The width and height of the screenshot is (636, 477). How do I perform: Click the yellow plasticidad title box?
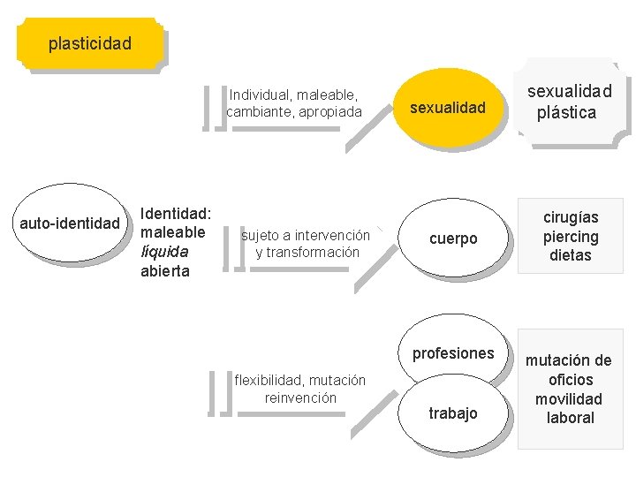tap(90, 43)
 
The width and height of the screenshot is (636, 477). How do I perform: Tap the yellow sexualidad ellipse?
tap(448, 108)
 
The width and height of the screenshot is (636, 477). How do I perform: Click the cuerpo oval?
tap(452, 238)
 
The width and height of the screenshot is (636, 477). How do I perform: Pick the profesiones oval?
tap(453, 352)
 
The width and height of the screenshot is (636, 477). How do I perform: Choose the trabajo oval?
tap(452, 413)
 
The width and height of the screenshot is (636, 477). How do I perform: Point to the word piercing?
tap(570, 237)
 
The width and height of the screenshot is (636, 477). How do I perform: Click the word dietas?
tap(570, 256)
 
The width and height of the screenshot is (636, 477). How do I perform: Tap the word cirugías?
tap(570, 217)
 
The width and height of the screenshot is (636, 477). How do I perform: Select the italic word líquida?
tap(164, 252)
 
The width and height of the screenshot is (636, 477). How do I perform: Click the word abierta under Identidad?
tap(165, 271)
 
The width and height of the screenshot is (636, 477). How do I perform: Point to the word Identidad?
tap(176, 214)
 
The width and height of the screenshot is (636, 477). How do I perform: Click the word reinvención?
tap(300, 398)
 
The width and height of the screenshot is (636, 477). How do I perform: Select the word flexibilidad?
tap(267, 381)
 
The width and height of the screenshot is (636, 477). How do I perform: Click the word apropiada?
tap(328, 112)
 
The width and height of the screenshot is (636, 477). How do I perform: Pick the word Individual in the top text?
tap(260, 94)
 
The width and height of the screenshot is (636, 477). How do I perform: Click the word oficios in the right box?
tap(571, 380)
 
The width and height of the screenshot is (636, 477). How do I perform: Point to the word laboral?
tap(571, 418)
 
